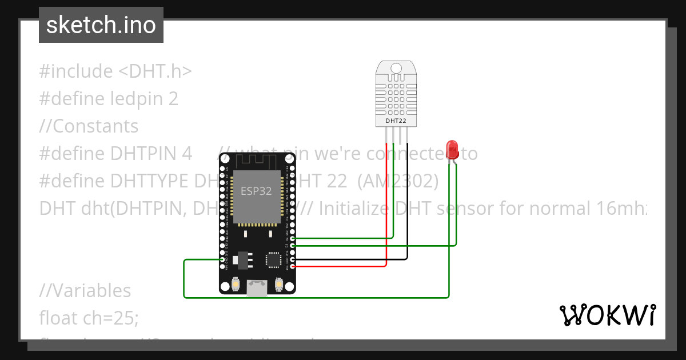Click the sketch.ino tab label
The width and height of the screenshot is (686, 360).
101,25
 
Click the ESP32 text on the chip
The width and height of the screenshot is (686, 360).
256,191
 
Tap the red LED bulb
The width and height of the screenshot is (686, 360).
452,149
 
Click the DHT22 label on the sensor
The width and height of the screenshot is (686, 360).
396,121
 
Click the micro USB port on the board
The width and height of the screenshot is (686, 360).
257,288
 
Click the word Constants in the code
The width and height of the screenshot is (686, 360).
95,126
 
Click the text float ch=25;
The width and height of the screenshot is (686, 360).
89,317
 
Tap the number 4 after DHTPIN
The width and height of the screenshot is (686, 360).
186,153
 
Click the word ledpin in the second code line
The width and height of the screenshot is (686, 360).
136,98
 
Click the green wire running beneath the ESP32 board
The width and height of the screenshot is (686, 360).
314,297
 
